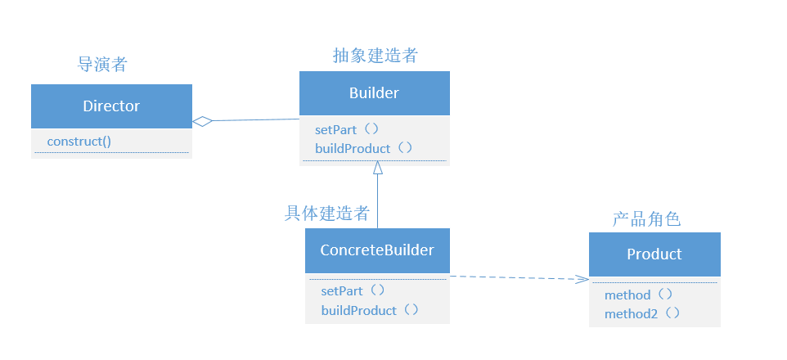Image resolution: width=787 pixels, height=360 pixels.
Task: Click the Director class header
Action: (111, 106)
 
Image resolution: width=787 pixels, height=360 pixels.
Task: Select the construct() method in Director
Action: (79, 141)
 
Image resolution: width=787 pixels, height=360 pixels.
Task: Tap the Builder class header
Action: (374, 93)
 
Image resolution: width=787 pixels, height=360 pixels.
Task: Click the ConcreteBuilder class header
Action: (377, 250)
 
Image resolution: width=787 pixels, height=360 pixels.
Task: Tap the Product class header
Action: (654, 254)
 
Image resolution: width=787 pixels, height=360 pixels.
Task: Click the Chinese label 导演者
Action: (102, 64)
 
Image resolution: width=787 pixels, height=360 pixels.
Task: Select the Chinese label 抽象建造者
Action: (376, 56)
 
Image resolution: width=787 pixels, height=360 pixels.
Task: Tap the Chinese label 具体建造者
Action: (326, 214)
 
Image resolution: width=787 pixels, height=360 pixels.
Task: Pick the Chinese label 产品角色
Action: (646, 219)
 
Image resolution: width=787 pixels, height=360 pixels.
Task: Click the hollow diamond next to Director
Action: (202, 122)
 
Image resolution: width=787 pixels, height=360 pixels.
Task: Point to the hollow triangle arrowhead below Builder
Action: (377, 168)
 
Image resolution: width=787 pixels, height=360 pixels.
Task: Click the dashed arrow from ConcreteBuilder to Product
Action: (515, 277)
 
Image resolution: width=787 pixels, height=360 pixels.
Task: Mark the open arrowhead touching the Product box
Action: (582, 280)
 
